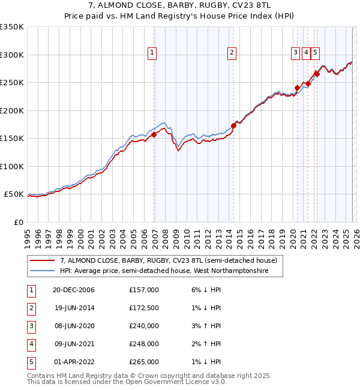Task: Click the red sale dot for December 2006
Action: [x=154, y=134]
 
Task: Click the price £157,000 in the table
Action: [x=143, y=290]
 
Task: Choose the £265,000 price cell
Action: [x=143, y=362]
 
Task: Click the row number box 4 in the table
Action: [x=29, y=344]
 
